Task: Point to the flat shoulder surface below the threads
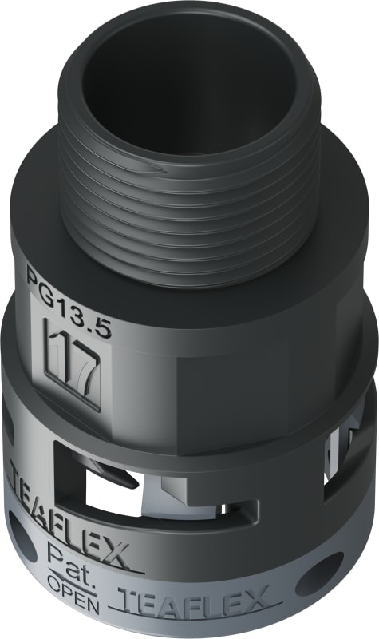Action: tap(303, 264)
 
